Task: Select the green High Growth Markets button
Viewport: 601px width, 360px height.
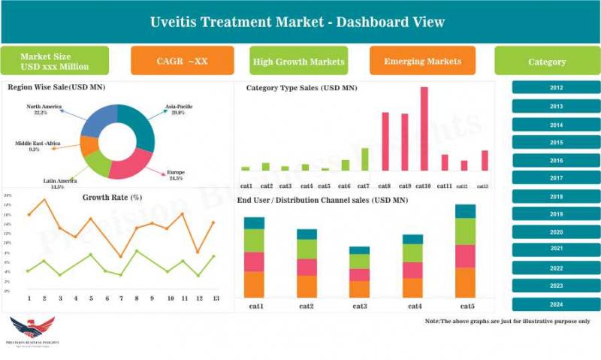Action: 299,61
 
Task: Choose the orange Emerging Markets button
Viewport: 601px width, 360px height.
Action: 422,61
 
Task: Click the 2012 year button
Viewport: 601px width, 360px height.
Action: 556,88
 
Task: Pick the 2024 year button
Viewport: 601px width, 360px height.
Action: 556,304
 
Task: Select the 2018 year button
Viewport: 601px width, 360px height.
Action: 556,197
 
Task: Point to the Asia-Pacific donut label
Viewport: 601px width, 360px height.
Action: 179,109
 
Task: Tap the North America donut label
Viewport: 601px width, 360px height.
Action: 44,110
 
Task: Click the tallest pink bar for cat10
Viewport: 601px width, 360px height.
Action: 424,129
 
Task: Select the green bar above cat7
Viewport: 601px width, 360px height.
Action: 365,159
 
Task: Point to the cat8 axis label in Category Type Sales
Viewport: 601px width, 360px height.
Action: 385,186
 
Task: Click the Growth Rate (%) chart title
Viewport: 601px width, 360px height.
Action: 112,198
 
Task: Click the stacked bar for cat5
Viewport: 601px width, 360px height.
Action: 465,251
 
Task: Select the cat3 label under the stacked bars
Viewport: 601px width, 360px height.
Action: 359,307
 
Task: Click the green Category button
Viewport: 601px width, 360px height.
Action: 546,62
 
